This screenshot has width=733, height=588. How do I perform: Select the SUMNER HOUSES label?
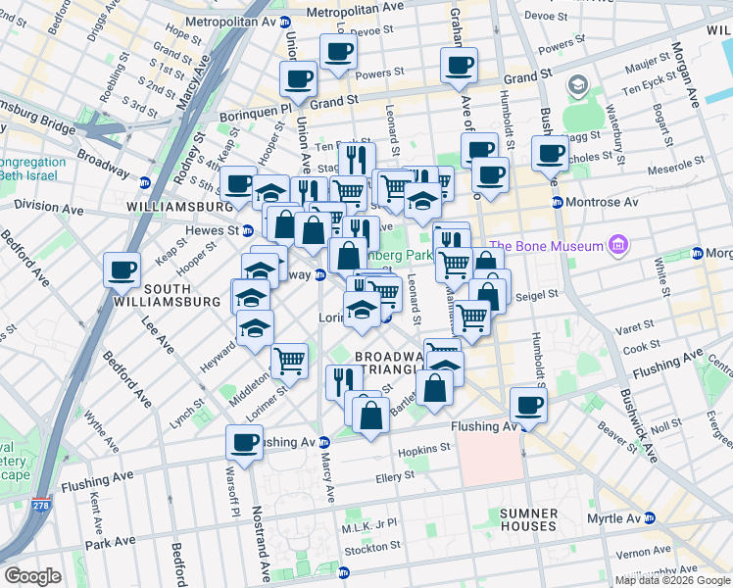(x=527, y=519)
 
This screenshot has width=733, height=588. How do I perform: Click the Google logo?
(x=32, y=575)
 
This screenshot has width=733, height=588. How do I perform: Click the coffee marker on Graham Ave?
(x=459, y=66)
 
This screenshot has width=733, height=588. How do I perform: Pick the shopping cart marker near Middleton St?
(x=290, y=361)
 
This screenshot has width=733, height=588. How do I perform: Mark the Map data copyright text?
(x=671, y=580)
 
